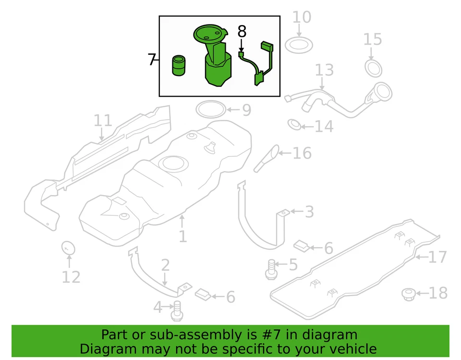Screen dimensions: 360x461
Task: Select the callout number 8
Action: coord(242,32)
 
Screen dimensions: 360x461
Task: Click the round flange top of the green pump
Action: coord(209,34)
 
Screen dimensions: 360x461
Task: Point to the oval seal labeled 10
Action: coord(299,46)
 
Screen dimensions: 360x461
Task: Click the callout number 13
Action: coord(324,70)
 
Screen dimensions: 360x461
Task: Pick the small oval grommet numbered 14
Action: coord(294,125)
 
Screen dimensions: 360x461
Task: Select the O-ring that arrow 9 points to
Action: coord(210,110)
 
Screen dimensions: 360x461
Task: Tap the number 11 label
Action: coord(102,121)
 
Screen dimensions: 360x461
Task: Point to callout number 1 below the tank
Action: coord(182,236)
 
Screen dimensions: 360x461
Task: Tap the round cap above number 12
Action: coord(69,248)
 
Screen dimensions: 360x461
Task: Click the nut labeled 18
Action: coord(408,293)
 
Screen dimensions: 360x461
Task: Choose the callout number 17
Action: coord(437,257)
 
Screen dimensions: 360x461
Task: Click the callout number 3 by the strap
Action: coord(309,211)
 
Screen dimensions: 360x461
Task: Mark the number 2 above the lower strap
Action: coord(165,265)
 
